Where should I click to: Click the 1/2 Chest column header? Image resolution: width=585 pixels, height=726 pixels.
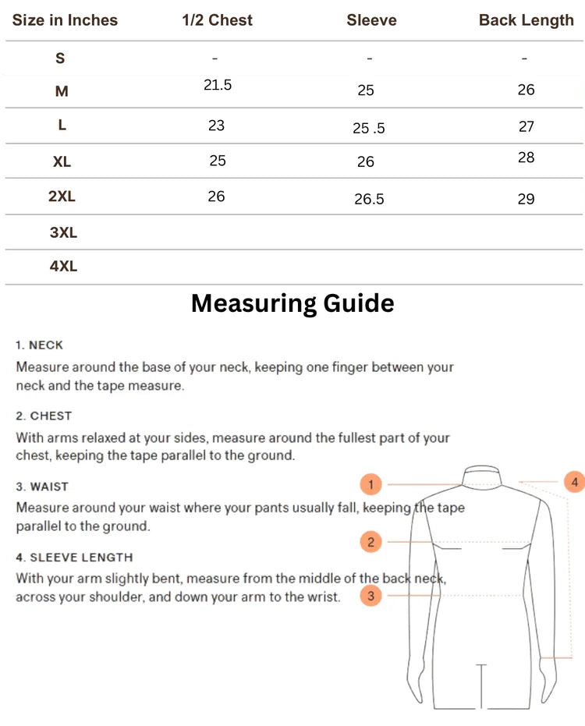pos(217,20)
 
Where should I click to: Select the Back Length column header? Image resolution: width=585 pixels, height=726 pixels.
pos(526,20)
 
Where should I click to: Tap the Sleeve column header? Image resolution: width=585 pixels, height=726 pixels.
pos(371,20)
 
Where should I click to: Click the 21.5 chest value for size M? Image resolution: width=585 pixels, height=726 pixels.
pos(218,85)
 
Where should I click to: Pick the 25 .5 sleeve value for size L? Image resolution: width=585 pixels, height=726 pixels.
pos(369,129)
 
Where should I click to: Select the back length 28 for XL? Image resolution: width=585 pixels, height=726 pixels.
pos(526,158)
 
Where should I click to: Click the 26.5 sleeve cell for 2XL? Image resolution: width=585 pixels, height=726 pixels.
pos(369,199)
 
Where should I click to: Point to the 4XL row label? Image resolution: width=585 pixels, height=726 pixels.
pos(63,266)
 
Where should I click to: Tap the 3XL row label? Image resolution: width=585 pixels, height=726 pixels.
pos(63,232)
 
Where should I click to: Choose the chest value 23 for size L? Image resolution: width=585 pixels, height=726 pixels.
pos(216,125)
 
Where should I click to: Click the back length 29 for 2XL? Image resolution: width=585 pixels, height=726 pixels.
pos(526,199)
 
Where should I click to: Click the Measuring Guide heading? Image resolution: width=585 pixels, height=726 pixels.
pos(292,303)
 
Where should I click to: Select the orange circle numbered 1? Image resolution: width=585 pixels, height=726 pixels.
pos(371,484)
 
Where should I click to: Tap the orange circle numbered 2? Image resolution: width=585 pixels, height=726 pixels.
pos(371,542)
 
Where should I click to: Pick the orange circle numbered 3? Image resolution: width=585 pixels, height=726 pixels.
pos(371,597)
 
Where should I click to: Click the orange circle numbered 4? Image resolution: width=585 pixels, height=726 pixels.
pos(574,482)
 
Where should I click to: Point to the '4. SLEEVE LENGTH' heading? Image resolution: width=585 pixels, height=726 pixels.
pos(74,558)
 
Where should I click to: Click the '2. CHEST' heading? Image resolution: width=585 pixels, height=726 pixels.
pos(44,416)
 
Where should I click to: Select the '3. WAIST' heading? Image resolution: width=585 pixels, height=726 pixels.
pos(42,487)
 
